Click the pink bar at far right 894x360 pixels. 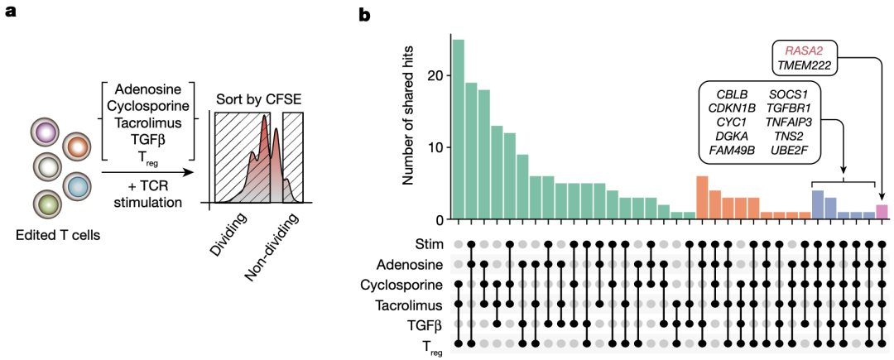pyautogui.click(x=882, y=212)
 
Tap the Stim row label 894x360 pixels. pyautogui.click(x=429, y=244)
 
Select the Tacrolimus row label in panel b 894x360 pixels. pyautogui.click(x=406, y=304)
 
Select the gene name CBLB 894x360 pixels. pyautogui.click(x=731, y=91)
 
